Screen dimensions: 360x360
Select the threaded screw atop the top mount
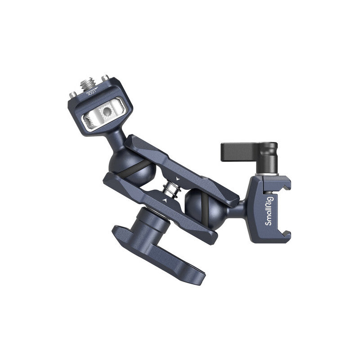pos(86,83)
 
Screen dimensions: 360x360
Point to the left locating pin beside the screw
pos(72,94)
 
